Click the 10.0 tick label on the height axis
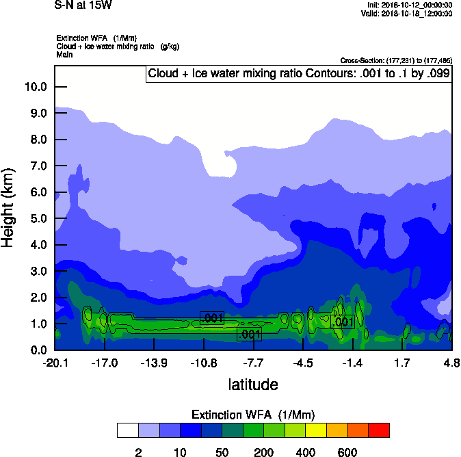pos(35,87)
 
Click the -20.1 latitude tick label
pos(55,363)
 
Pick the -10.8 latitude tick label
pos(203,363)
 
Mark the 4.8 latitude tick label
pos(451,363)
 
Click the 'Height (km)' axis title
pos(8,208)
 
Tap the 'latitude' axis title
pos(253,384)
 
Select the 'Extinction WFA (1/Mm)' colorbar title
pos(253,415)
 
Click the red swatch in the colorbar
pos(378,430)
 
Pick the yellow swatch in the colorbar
pos(316,430)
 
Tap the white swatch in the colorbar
pos(127,430)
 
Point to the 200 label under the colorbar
pos(263,452)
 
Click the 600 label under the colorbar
pos(347,452)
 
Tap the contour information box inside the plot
pos(298,74)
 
